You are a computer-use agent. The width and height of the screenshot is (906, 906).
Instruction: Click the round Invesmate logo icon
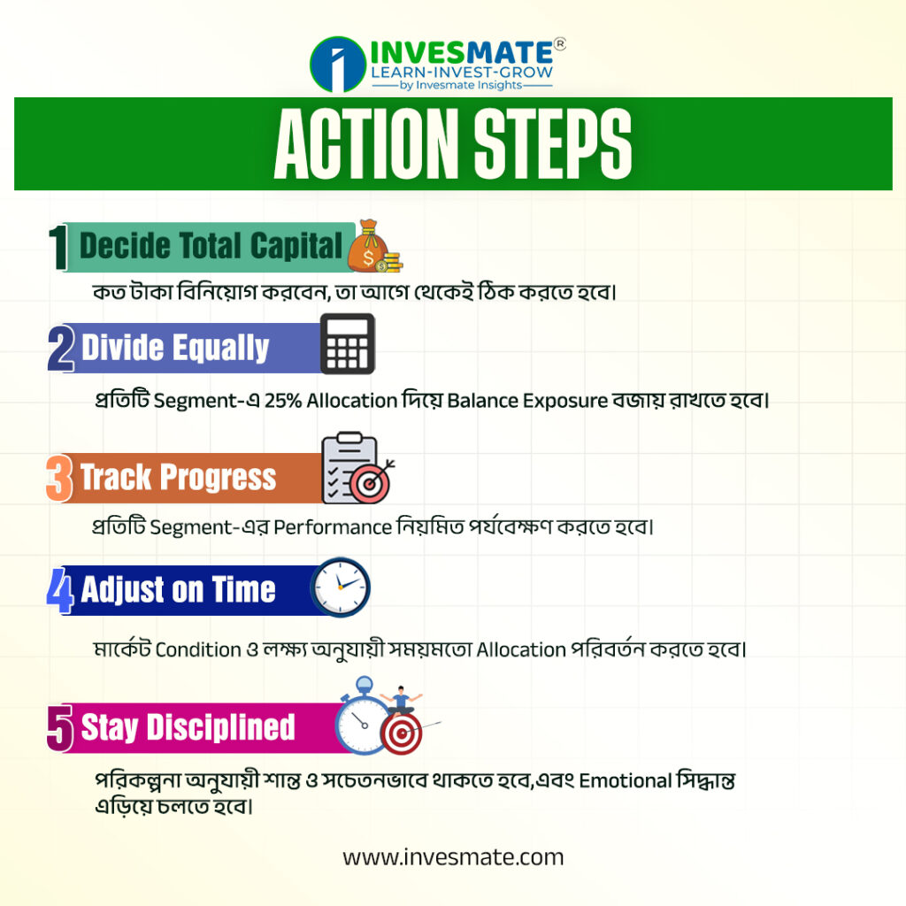coord(338,65)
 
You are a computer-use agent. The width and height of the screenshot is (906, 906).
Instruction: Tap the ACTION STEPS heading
coord(453,144)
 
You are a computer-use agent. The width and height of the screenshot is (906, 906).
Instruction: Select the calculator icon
coord(347,344)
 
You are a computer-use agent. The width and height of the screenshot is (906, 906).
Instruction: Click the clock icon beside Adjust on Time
coord(341,587)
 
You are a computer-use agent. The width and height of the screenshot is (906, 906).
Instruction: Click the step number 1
coord(58,248)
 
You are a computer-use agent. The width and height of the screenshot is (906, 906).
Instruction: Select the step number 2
coord(61,348)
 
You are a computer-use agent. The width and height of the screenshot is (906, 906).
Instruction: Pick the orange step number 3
coord(59,477)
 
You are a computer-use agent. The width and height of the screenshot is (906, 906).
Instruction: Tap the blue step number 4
coord(60,590)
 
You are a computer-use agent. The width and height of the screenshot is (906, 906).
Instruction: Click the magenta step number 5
coord(60,728)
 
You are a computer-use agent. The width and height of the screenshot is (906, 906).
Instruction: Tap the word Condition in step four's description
coord(198,649)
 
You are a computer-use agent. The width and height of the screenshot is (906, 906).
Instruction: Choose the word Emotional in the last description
coord(625,780)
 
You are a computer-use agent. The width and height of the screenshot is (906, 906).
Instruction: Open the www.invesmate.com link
coord(453,857)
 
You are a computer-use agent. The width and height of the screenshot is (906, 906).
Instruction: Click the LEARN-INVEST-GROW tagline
coord(462,73)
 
